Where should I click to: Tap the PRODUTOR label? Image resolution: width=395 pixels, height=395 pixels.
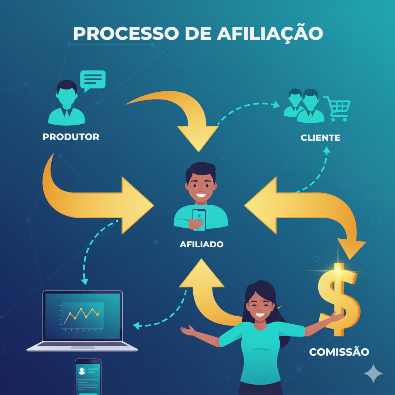pyautogui.click(x=71, y=137)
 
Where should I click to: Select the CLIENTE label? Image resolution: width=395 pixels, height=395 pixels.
pyautogui.click(x=321, y=138)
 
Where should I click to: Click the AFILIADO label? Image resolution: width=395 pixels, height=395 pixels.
pyautogui.click(x=201, y=244)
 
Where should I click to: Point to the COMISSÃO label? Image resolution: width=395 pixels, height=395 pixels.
pyautogui.click(x=339, y=352)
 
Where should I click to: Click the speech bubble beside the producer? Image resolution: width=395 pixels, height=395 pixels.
pyautogui.click(x=93, y=80)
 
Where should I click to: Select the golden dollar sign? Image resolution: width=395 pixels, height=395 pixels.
pyautogui.click(x=338, y=299)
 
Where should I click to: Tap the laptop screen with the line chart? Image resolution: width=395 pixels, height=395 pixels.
pyautogui.click(x=83, y=316)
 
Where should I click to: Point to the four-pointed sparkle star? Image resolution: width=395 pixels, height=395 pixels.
pyautogui.click(x=373, y=373)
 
